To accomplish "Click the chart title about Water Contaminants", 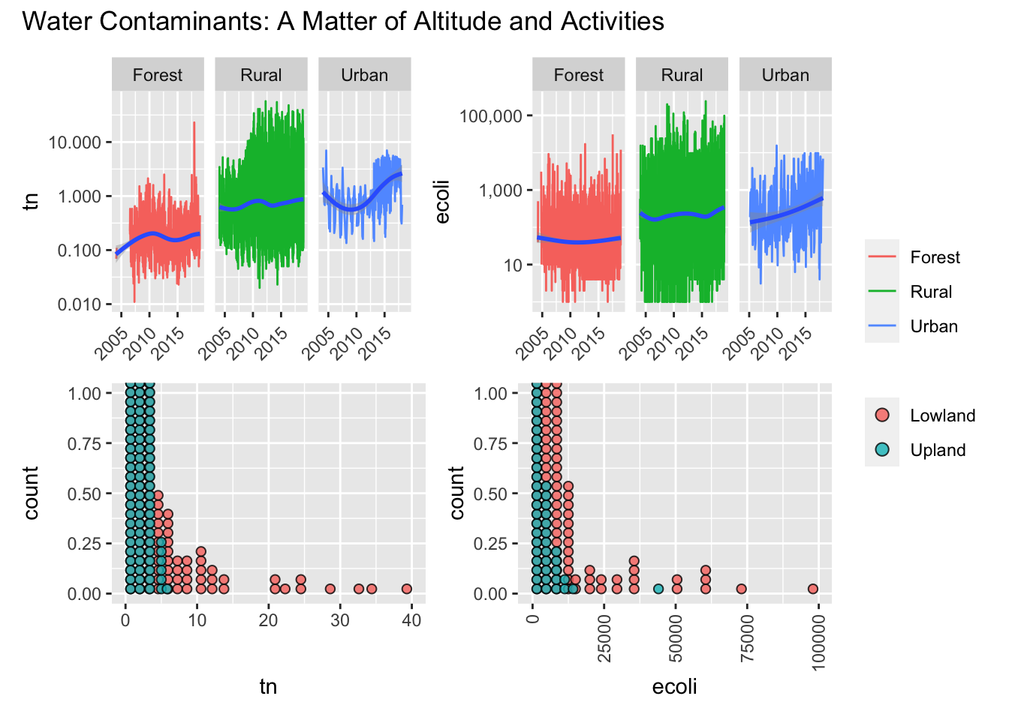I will (x=343, y=21).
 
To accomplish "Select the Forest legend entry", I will (x=934, y=257).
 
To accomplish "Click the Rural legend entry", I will (x=930, y=292).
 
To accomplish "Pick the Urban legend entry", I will (x=933, y=326).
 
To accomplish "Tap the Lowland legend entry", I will (x=942, y=415).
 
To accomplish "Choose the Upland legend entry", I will (x=937, y=450).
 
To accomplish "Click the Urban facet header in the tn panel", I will (x=364, y=75).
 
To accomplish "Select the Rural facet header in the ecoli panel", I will (x=682, y=75).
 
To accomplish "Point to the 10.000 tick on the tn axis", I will (x=75, y=142).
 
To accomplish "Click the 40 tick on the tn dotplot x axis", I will (x=411, y=620).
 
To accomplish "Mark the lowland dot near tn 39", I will (x=407, y=589).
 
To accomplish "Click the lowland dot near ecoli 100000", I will (x=812, y=589).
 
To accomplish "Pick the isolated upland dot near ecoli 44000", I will (x=658, y=589).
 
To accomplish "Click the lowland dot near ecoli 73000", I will (x=741, y=589).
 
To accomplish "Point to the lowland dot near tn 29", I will (x=330, y=589).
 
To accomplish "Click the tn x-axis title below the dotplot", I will (x=268, y=686).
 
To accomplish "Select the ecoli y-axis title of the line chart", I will (x=442, y=202).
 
